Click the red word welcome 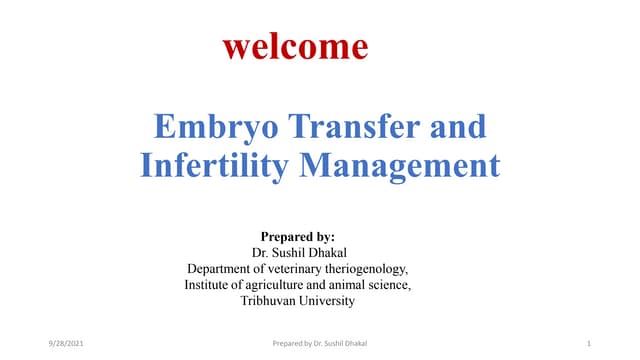(294, 46)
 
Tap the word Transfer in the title (351, 127)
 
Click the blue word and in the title (456, 127)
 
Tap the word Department (224, 269)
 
